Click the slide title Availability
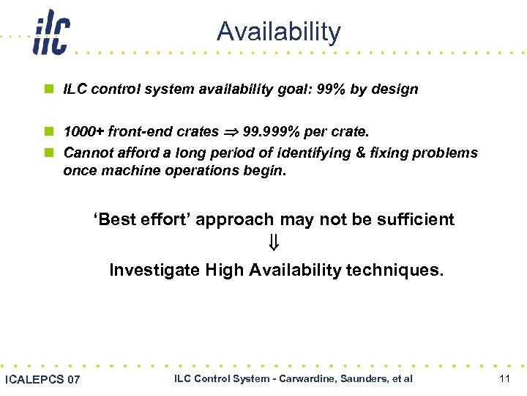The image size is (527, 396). (279, 32)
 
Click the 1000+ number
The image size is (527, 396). (83, 132)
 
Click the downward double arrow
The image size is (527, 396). (275, 244)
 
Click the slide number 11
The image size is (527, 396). (504, 378)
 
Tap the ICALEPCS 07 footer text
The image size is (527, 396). (42, 379)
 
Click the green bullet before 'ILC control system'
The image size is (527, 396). (48, 89)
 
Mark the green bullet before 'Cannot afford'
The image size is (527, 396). (48, 153)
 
